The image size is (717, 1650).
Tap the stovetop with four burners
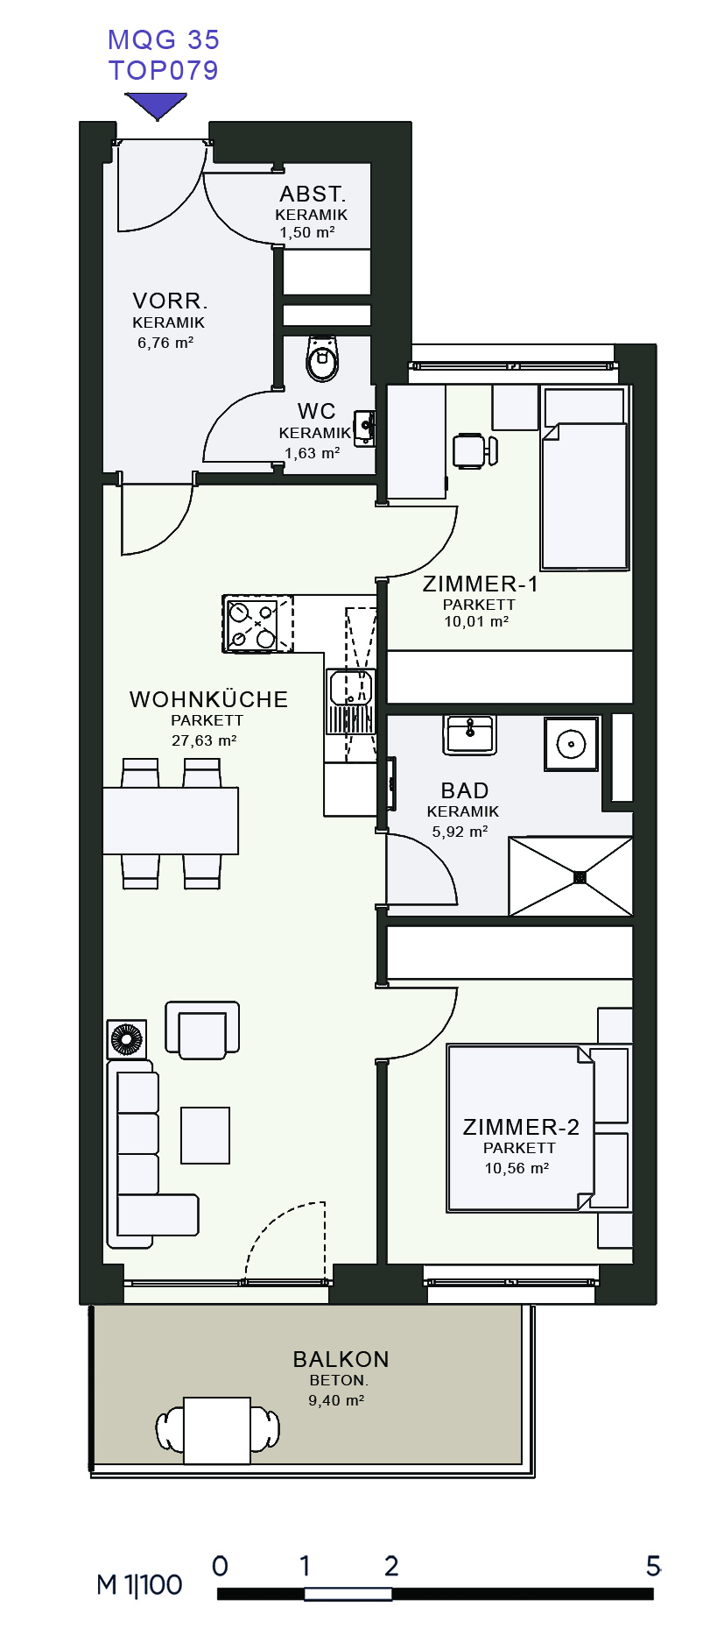click(x=251, y=624)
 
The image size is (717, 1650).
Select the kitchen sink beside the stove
click(x=350, y=701)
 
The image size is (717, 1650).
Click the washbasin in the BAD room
click(x=470, y=734)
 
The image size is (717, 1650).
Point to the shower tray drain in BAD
click(x=580, y=876)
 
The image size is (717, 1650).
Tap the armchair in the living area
click(x=202, y=1030)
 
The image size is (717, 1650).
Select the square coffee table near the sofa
click(x=206, y=1135)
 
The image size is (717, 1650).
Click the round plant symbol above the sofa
click(x=127, y=1039)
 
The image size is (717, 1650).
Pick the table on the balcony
click(x=217, y=1430)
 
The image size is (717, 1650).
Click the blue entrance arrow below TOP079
click(x=157, y=106)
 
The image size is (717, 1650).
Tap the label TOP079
click(x=164, y=70)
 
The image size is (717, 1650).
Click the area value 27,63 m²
click(x=205, y=740)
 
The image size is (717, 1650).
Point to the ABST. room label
click(x=313, y=194)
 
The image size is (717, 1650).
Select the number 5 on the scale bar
click(x=653, y=1565)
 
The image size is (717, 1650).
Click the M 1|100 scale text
click(x=139, y=1584)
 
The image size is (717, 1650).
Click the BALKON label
click(x=341, y=1359)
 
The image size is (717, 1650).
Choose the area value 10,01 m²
click(x=476, y=621)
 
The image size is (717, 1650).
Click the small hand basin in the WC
click(x=365, y=427)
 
